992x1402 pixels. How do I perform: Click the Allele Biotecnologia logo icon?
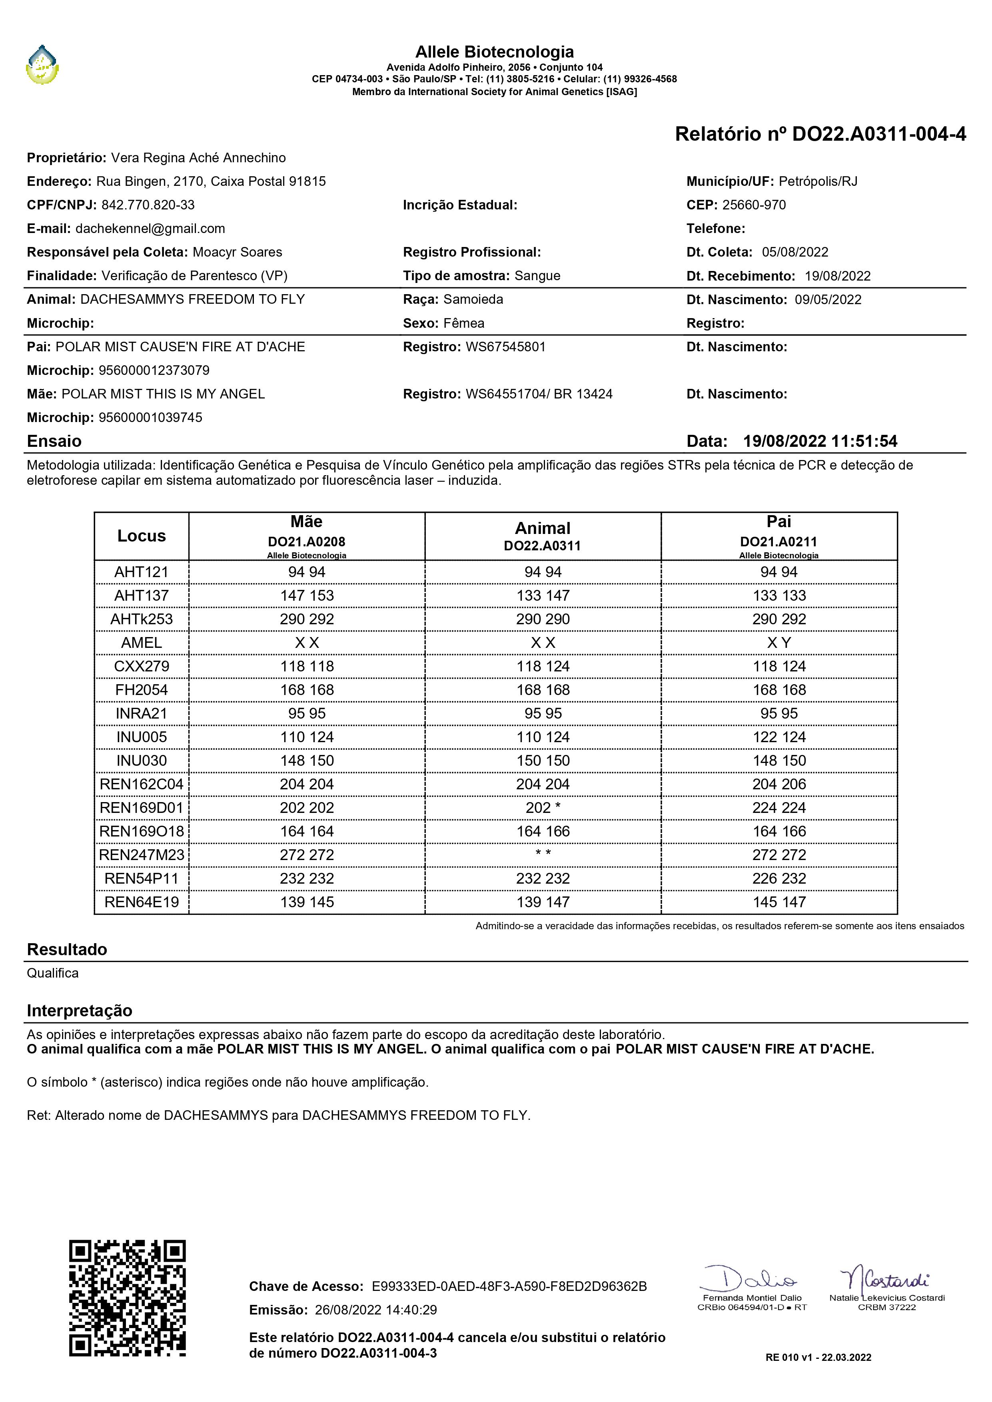42,65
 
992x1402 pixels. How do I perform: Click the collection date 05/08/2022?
795,252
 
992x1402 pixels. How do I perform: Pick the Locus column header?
142,536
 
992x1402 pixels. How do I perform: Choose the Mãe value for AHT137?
307,596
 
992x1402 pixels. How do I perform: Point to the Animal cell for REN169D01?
543,808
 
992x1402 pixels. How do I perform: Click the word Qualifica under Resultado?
52,973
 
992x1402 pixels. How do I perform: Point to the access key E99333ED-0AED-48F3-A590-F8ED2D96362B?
509,1286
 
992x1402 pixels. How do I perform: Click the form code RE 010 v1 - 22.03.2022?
818,1357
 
